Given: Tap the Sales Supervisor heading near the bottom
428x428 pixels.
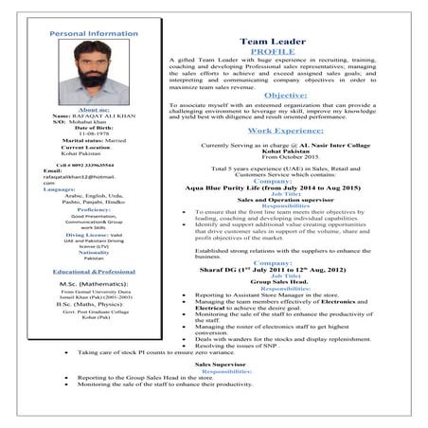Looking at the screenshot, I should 218,363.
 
